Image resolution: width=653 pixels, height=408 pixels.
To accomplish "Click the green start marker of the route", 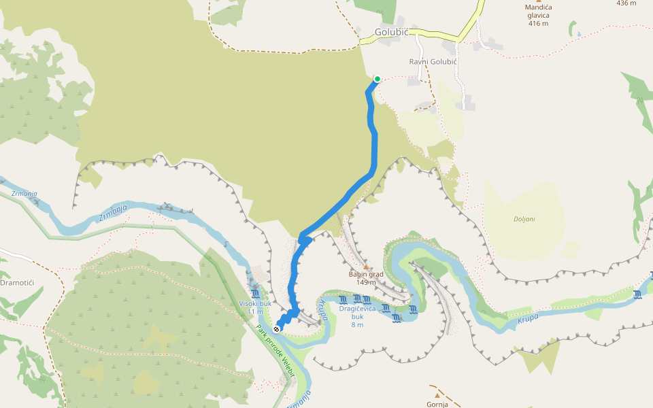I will (x=377, y=79).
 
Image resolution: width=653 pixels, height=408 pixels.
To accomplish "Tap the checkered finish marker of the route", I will (x=277, y=329).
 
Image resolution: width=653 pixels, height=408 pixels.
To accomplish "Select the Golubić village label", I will (x=390, y=32).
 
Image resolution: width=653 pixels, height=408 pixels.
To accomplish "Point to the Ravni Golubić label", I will (x=433, y=61).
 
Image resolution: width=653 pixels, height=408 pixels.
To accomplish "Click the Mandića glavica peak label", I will (x=538, y=11).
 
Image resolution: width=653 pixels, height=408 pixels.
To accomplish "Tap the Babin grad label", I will (x=366, y=275).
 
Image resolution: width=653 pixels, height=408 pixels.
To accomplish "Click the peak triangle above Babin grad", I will (x=366, y=267).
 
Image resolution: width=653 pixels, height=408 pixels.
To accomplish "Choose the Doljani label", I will (x=524, y=219).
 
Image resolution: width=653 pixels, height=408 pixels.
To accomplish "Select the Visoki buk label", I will (x=255, y=303).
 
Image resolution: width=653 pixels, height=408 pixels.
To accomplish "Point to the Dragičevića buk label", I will (x=357, y=312).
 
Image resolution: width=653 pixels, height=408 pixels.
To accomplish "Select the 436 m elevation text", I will (x=626, y=3).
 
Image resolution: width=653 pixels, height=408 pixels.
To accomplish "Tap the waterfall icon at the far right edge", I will (x=637, y=294).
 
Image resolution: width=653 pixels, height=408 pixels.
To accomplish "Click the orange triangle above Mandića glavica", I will (x=539, y=1).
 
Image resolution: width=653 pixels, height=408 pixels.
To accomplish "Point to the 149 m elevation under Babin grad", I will (x=366, y=282).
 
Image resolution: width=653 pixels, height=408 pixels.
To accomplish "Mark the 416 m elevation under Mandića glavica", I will (x=537, y=23).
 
